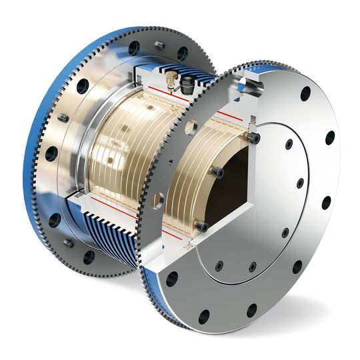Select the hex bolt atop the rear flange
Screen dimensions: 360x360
pos(159,45)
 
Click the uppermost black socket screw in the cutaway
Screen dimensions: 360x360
pos(254,137)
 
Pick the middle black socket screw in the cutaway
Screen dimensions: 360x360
pos(219,173)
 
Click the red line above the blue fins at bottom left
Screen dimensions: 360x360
pos(113,200)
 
